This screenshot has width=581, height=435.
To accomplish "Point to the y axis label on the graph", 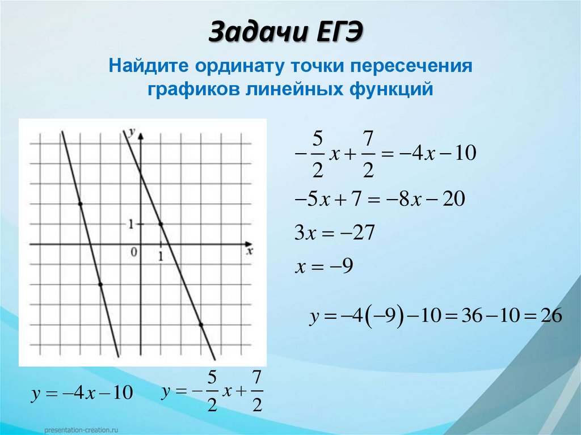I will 132,132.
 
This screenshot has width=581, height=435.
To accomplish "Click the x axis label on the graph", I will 249,251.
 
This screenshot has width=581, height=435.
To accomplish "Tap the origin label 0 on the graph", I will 134,253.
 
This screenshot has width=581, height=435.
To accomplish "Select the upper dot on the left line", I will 80,204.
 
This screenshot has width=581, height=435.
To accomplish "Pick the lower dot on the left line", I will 100,284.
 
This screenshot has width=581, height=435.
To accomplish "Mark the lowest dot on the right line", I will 201,324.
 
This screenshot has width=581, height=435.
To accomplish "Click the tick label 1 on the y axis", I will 130,224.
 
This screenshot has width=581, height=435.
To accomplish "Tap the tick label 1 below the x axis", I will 161,256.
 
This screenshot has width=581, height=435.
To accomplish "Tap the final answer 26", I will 551,316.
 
